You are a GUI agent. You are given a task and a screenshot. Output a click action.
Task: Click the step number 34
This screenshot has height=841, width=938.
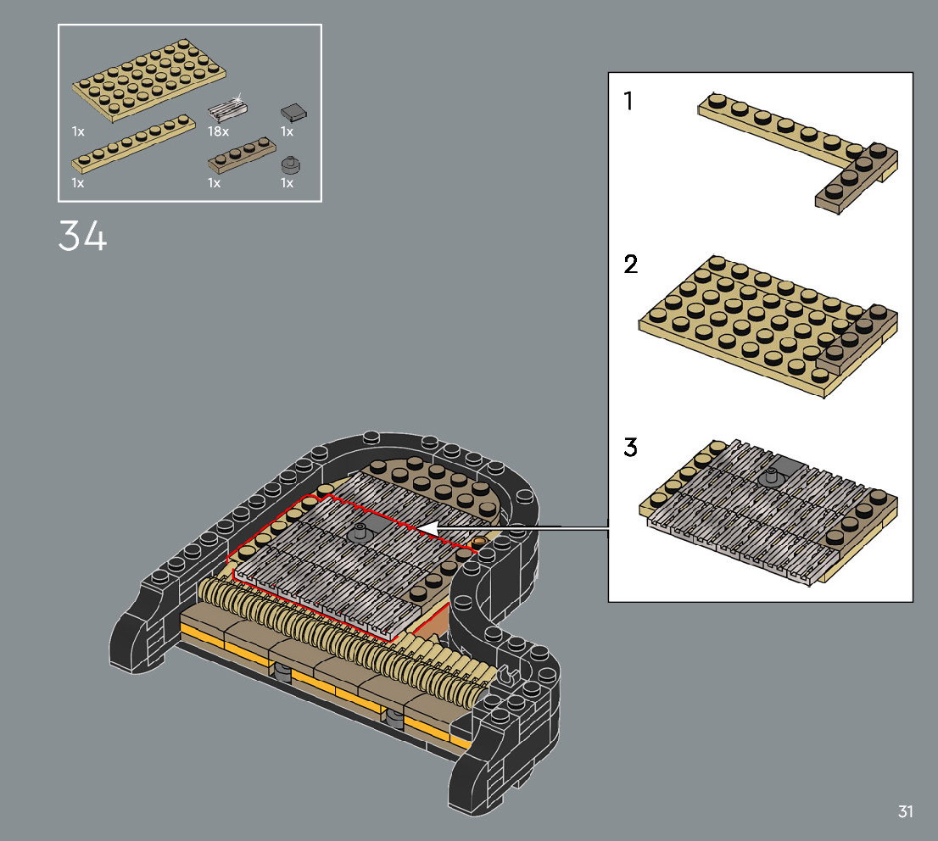click(x=82, y=236)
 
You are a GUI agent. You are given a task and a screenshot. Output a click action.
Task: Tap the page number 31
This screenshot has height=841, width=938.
click(x=905, y=811)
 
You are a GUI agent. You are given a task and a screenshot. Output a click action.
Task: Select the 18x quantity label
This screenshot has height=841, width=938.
click(x=218, y=131)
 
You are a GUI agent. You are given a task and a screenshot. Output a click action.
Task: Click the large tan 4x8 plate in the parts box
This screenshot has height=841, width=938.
click(x=149, y=81)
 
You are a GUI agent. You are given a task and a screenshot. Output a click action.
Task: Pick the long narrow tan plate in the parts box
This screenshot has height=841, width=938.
click(x=133, y=143)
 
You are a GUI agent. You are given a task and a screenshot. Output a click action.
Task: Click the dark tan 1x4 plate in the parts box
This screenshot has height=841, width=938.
click(x=242, y=155)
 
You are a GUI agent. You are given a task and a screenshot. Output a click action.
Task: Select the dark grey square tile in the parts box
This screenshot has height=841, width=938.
click(x=294, y=112)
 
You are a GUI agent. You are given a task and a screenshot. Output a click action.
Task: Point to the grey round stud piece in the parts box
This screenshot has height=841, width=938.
click(x=291, y=165)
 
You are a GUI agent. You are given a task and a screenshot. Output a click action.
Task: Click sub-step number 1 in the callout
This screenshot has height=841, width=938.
click(x=628, y=101)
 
